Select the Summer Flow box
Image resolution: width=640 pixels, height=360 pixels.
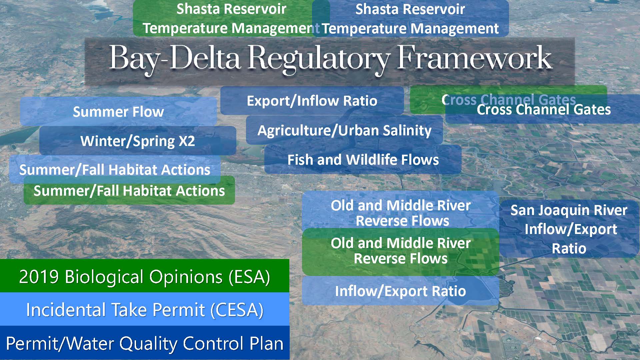tap(118, 111)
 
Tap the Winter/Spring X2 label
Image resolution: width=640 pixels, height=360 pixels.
tap(138, 141)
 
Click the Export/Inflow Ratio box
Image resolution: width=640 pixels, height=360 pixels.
tap(312, 101)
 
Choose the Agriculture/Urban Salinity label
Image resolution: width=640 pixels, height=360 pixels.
tap(344, 130)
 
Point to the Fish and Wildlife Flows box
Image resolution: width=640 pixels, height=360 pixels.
tap(363, 159)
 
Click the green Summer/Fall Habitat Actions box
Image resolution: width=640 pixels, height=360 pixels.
tap(129, 190)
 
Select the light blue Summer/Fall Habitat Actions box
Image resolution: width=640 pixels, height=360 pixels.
tap(115, 169)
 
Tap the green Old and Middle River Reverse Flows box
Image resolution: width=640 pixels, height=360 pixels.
tap(401, 251)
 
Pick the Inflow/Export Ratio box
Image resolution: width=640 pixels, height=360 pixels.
tap(401, 291)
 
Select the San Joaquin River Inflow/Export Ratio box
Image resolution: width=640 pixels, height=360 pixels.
tap(569, 229)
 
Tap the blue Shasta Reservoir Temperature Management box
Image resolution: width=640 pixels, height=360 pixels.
tap(410, 18)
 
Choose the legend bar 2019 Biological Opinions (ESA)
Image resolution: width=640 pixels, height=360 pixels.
tap(145, 276)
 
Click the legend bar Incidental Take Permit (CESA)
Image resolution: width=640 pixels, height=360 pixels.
tap(145, 309)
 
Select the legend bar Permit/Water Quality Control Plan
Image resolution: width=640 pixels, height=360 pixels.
tap(145, 343)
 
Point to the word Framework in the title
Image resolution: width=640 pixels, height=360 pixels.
tap(474, 58)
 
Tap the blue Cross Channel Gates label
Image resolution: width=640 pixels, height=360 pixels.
tap(544, 109)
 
